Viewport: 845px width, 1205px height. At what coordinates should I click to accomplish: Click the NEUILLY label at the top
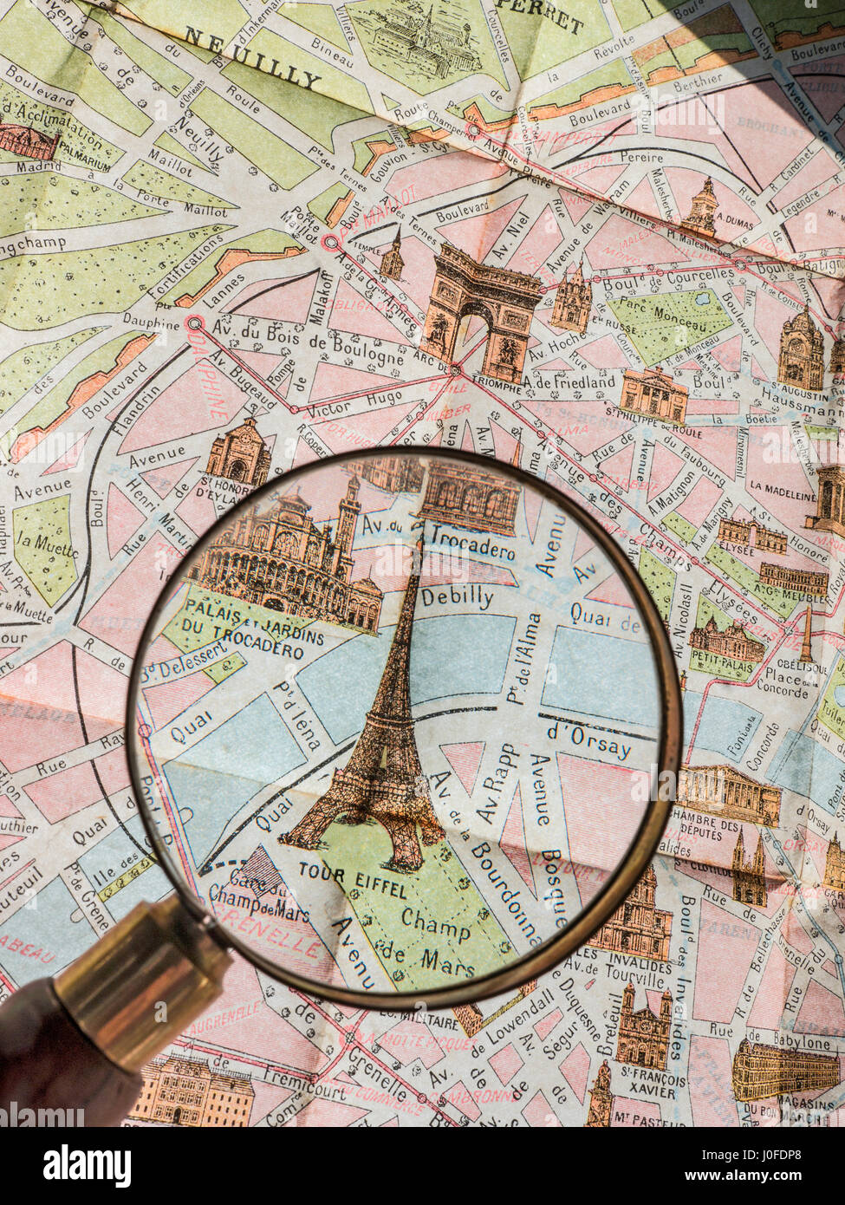point(252,57)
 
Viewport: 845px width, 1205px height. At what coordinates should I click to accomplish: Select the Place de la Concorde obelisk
point(806,633)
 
